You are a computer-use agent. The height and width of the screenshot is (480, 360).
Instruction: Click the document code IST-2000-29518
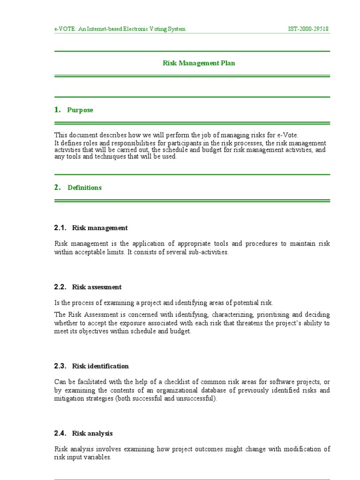click(308, 29)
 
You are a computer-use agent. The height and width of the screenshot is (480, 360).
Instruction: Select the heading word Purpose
click(80, 110)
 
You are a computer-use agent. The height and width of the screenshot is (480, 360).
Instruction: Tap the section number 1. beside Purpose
click(58, 110)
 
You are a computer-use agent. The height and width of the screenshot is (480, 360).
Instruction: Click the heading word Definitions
click(84, 187)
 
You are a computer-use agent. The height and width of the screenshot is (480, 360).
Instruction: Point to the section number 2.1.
click(61, 228)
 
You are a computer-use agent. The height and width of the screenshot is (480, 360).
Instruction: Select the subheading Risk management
click(100, 228)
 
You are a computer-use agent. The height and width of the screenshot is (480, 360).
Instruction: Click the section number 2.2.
click(61, 287)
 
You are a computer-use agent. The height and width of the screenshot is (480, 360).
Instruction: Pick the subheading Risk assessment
click(97, 287)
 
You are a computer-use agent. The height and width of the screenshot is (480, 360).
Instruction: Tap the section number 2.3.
click(61, 366)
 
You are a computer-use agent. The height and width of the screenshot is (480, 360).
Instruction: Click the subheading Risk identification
click(100, 366)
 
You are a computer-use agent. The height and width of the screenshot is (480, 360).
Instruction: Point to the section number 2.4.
click(61, 434)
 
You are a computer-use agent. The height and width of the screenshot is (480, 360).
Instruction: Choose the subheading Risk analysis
click(92, 434)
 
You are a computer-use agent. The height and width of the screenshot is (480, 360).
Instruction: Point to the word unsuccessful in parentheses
click(197, 398)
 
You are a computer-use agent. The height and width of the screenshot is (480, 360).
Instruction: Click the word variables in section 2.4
click(97, 457)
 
